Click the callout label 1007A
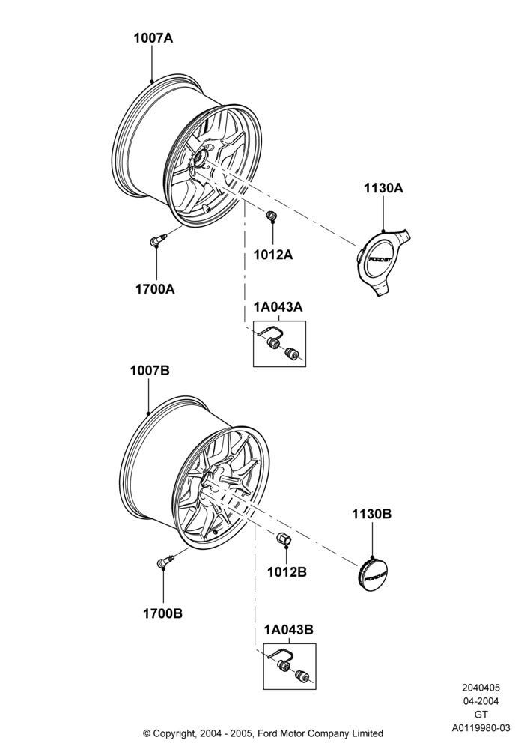(153, 38)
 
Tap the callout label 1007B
(150, 370)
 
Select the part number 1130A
(383, 188)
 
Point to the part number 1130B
(372, 514)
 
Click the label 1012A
(273, 255)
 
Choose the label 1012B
(287, 571)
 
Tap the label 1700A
(155, 289)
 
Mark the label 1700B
(162, 613)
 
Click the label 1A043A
(279, 306)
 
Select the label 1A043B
(289, 630)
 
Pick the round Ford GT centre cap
(372, 573)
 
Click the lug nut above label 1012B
(285, 539)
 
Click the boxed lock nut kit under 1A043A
(279, 344)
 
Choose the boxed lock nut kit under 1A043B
(290, 667)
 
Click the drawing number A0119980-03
(481, 727)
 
